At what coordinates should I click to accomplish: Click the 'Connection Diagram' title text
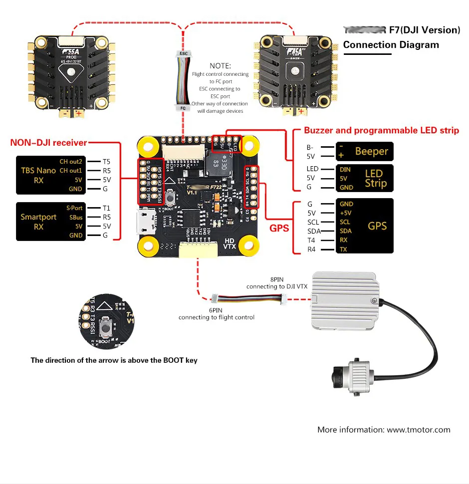click(x=391, y=45)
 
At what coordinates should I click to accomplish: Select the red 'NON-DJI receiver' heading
click(x=48, y=143)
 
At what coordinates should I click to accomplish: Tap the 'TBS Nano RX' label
click(x=38, y=175)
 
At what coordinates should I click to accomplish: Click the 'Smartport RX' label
click(x=38, y=222)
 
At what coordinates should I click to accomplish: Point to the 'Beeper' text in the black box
click(x=371, y=151)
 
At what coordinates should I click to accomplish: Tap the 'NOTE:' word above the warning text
click(x=220, y=66)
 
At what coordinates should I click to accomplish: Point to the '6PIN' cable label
click(x=216, y=310)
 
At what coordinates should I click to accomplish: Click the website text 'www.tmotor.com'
click(x=419, y=430)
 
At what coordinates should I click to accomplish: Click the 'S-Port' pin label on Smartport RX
click(x=74, y=208)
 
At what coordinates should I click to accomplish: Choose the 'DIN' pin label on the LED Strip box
click(x=345, y=170)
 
